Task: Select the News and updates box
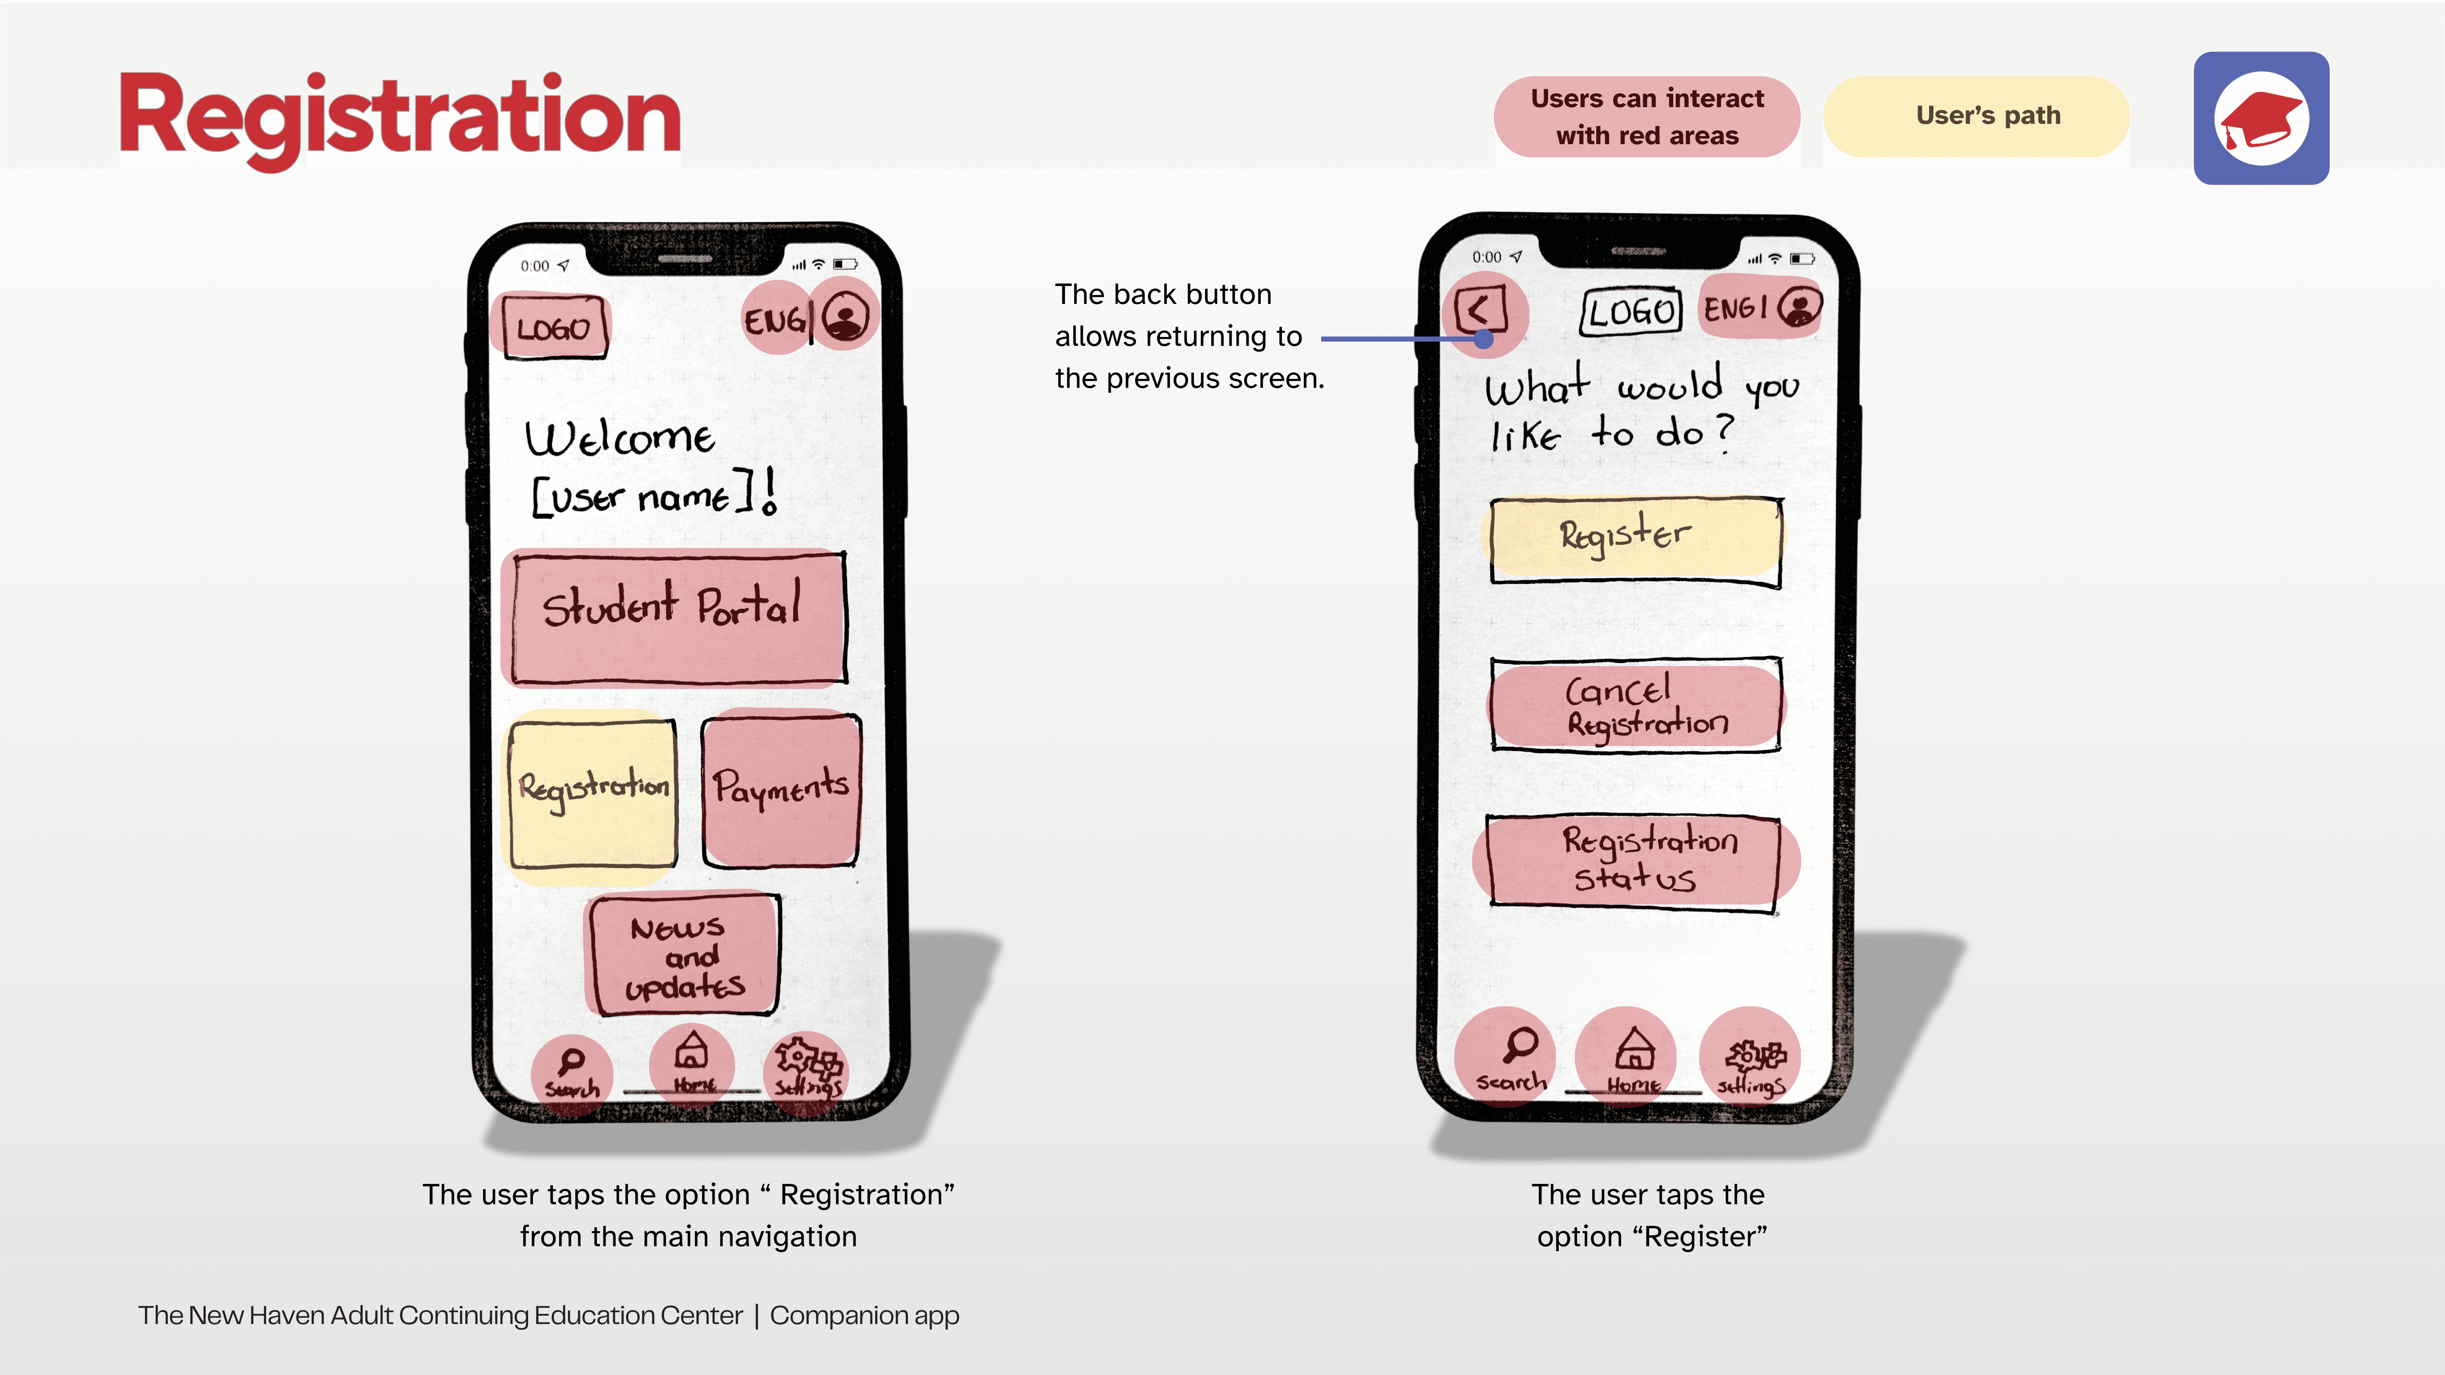pos(683,955)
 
